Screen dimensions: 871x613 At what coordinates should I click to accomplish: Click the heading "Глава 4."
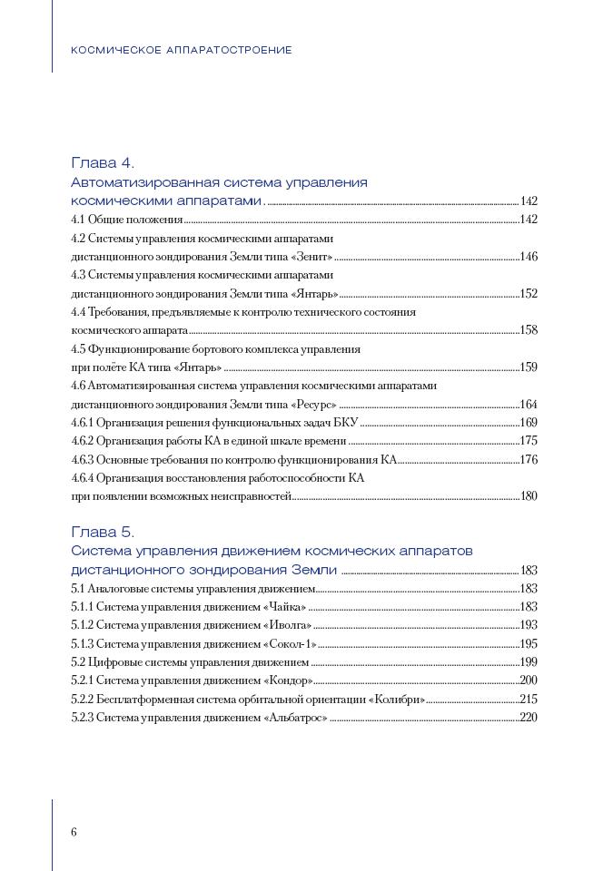click(103, 163)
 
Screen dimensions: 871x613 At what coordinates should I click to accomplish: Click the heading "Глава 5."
click(103, 532)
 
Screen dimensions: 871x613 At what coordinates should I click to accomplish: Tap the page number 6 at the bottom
click(74, 833)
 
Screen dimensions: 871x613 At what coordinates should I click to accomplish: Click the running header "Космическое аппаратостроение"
click(182, 50)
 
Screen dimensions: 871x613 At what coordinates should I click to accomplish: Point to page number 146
click(529, 257)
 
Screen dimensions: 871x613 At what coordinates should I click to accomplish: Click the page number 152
click(529, 294)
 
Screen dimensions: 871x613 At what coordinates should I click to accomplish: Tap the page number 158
click(529, 330)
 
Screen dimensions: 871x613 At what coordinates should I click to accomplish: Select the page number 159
click(529, 367)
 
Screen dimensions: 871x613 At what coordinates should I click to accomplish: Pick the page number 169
click(529, 423)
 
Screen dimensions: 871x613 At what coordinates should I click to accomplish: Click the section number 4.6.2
click(83, 441)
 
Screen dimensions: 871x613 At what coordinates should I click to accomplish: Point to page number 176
click(529, 459)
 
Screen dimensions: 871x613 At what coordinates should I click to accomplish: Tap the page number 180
click(529, 496)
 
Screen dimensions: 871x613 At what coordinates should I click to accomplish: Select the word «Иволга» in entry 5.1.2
click(288, 625)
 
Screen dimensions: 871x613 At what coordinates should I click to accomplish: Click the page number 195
click(529, 643)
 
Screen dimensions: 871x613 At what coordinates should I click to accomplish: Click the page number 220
click(529, 718)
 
